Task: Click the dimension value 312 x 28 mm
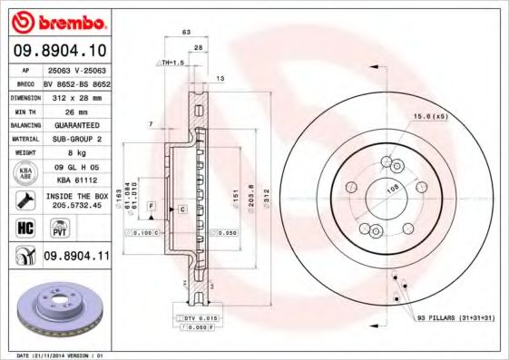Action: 75,95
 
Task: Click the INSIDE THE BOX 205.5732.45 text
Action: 75,199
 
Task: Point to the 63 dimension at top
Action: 186,32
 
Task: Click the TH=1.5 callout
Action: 171,62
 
